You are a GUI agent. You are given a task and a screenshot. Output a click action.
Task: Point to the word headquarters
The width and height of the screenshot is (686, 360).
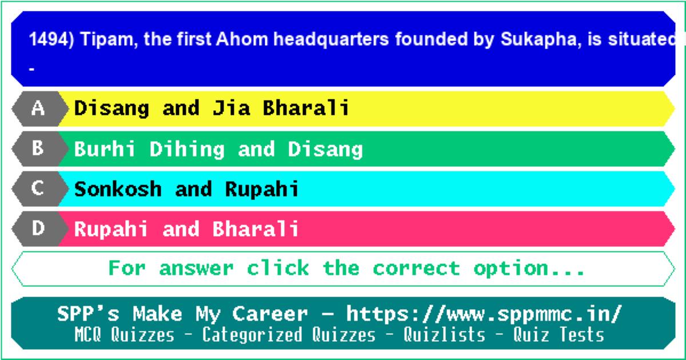(x=331, y=40)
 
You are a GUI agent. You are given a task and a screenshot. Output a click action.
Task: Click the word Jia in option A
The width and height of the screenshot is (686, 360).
(x=231, y=108)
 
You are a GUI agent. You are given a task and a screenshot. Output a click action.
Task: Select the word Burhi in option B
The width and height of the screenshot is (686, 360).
(x=105, y=149)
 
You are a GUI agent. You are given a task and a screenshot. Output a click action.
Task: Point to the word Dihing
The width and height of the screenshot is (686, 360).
(x=187, y=150)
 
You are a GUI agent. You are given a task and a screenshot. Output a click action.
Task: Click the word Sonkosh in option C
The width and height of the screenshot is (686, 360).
(x=118, y=189)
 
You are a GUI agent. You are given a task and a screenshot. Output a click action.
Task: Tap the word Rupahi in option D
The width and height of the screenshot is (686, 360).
(x=111, y=229)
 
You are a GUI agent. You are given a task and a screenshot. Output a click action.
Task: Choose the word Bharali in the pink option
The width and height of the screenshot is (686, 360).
(x=256, y=229)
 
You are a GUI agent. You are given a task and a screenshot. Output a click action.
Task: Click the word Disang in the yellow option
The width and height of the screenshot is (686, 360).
(x=112, y=109)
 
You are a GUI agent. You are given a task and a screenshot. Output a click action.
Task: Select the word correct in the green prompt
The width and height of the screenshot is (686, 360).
(x=416, y=268)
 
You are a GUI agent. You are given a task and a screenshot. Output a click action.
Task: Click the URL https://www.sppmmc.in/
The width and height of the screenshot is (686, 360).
(x=484, y=314)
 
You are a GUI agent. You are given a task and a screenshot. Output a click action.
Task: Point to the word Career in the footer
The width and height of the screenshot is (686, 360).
(x=270, y=314)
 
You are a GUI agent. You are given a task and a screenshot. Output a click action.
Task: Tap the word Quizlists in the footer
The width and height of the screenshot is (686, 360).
(x=444, y=334)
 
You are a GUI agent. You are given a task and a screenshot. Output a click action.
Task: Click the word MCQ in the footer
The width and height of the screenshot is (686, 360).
(x=87, y=334)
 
